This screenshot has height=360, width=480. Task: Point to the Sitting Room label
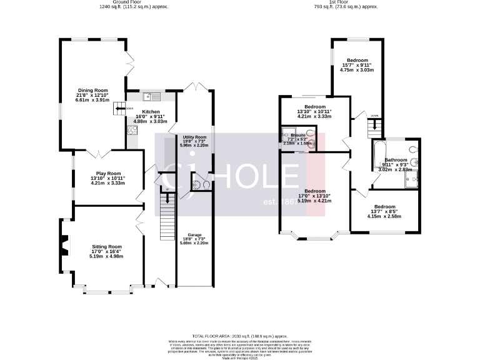click(x=107, y=246)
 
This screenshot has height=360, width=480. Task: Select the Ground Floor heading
click(x=135, y=2)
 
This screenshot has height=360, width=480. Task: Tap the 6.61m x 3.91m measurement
click(x=92, y=100)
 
